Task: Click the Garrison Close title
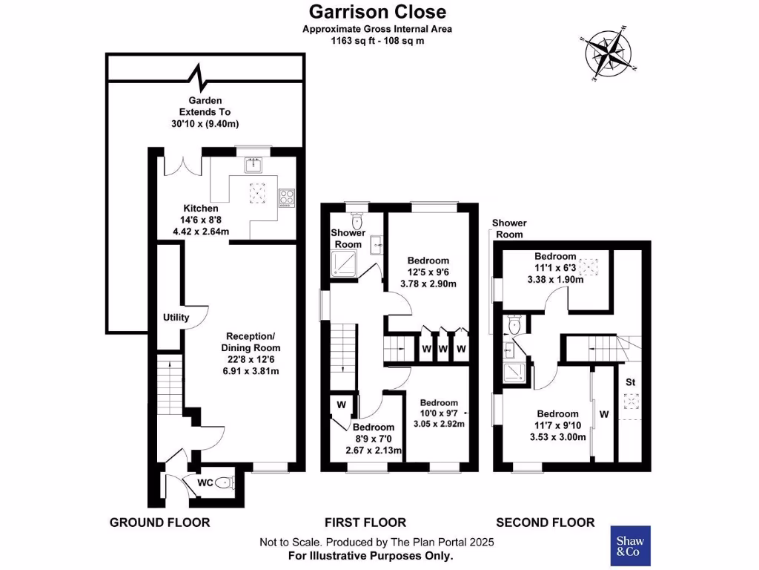pyautogui.click(x=377, y=12)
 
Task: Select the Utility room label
pyautogui.click(x=176, y=318)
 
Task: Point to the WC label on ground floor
pyautogui.click(x=205, y=483)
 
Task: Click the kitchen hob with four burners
pyautogui.click(x=286, y=197)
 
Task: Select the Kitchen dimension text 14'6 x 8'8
pyautogui.click(x=201, y=220)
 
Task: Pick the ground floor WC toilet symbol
pyautogui.click(x=226, y=483)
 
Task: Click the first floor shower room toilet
pyautogui.click(x=357, y=220)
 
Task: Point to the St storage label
pyautogui.click(x=632, y=382)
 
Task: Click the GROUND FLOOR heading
pyautogui.click(x=159, y=522)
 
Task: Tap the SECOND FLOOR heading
pyautogui.click(x=545, y=522)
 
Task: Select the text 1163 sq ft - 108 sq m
pyautogui.click(x=377, y=41)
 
